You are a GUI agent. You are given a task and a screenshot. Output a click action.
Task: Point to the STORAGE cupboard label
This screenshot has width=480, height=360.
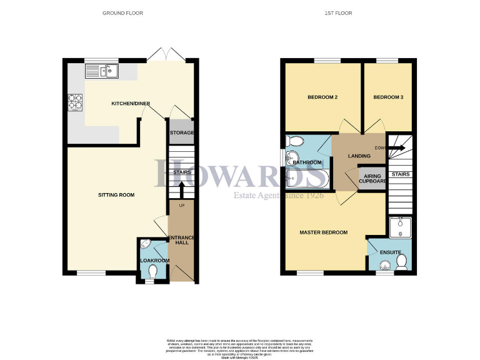[182, 132]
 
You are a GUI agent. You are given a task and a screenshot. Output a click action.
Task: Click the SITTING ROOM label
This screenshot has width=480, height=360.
[116, 195]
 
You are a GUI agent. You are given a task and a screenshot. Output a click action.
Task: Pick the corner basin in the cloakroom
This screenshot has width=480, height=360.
[144, 244]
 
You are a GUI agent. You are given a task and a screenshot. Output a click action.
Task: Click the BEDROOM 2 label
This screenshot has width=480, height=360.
[322, 98]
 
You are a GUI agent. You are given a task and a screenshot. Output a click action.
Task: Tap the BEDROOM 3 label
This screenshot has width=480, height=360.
[388, 98]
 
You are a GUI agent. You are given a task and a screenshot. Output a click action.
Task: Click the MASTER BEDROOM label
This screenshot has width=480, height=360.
[323, 232]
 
